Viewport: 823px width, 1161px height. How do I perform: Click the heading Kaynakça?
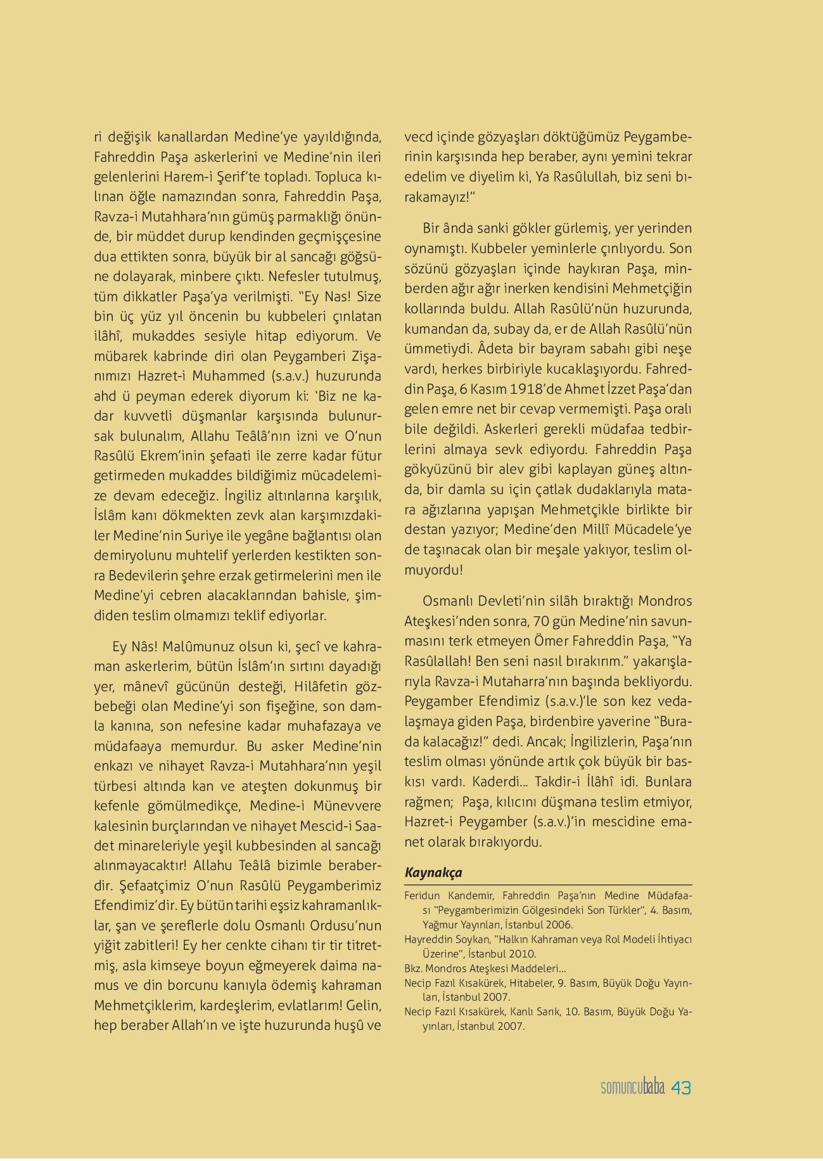click(x=433, y=872)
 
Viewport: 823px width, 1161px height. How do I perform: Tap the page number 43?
click(x=681, y=1088)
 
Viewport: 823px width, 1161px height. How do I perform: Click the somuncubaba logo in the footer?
click(x=632, y=1088)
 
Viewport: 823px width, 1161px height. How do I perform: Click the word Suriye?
click(x=205, y=535)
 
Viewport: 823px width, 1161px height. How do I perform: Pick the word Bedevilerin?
click(x=144, y=576)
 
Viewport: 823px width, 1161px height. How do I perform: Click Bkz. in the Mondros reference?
click(x=413, y=969)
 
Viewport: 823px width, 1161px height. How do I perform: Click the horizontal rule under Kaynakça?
click(x=548, y=885)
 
